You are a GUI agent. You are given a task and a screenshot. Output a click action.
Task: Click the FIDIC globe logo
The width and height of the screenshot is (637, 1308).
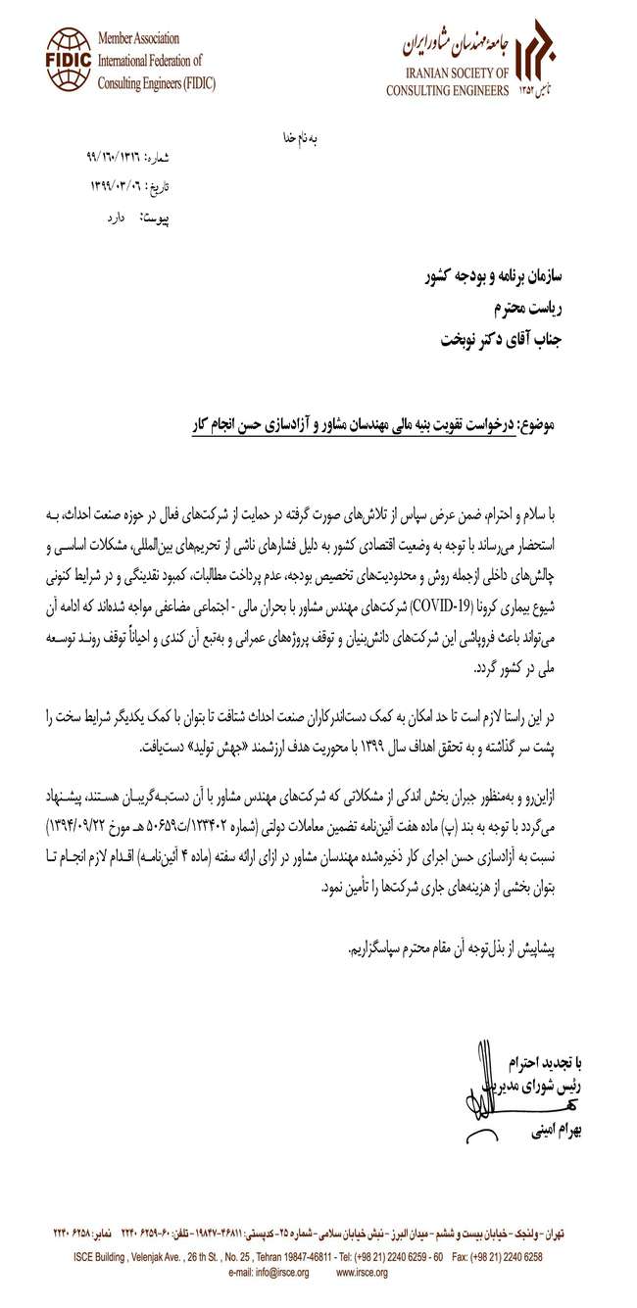click(x=68, y=59)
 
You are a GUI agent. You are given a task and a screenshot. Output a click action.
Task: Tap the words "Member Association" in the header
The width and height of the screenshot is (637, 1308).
click(x=138, y=39)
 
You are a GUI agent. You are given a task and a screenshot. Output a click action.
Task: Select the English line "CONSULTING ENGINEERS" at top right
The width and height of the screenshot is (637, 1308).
click(x=447, y=91)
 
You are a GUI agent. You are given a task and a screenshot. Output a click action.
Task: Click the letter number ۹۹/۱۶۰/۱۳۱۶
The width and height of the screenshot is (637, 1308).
click(x=115, y=157)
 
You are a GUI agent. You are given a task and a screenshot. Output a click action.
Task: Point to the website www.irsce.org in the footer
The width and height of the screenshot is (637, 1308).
click(x=362, y=1273)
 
